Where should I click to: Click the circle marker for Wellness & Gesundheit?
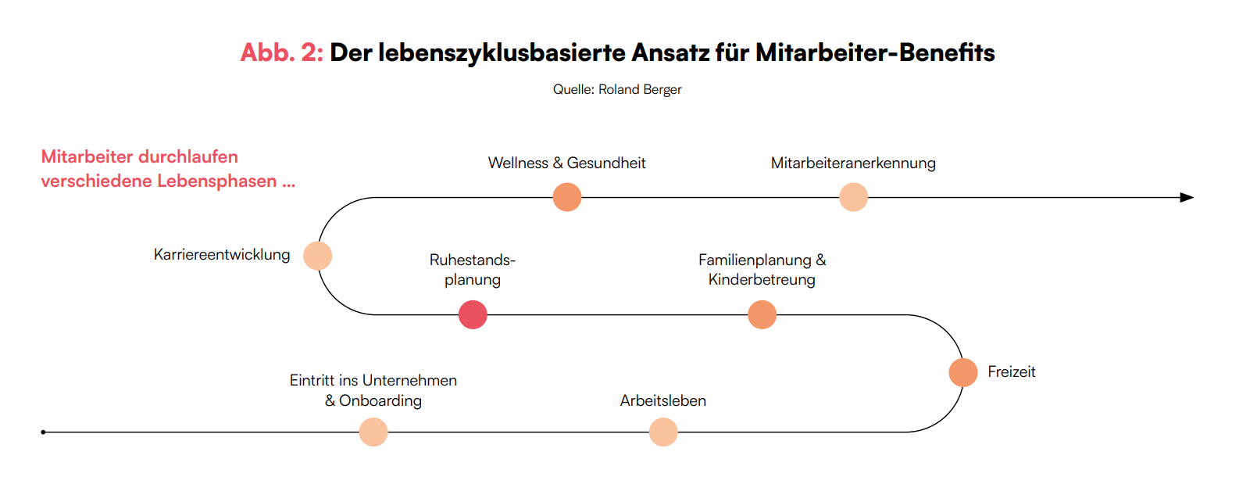567,197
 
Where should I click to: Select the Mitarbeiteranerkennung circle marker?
853,197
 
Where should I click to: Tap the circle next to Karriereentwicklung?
318,256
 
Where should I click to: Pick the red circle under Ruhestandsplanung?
473,315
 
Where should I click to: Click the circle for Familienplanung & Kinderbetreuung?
762,315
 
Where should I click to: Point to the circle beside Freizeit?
963,372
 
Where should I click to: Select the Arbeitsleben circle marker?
663,432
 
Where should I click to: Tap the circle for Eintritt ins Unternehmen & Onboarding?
373,432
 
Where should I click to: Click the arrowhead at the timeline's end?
1187,197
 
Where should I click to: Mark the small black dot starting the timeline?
44,432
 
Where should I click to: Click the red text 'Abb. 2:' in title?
281,52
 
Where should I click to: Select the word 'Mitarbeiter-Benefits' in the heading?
875,52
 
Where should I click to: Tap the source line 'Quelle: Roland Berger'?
617,90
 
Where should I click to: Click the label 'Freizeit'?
1011,372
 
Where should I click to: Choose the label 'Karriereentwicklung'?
222,255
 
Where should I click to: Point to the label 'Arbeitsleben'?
663,400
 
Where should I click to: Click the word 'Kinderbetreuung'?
762,280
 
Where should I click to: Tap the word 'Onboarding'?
380,401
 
